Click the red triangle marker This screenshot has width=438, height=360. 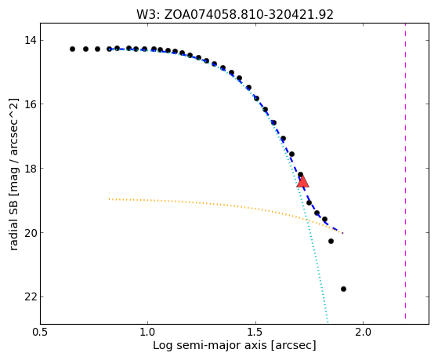[x=302, y=181]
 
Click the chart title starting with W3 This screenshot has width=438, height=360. [x=235, y=15]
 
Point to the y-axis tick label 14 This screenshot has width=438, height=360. [x=31, y=41]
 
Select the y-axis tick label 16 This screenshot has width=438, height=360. [x=31, y=104]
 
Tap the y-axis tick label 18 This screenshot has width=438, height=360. [x=31, y=169]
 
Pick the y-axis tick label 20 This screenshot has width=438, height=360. [x=31, y=233]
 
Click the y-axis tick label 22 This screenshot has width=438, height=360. [x=31, y=296]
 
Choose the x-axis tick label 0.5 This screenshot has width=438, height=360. [x=40, y=333]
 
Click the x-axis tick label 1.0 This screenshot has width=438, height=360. [x=147, y=333]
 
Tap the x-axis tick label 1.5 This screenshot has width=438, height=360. [x=255, y=333]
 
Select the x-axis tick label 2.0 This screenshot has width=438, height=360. [x=363, y=333]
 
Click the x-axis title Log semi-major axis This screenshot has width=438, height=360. [x=210, y=346]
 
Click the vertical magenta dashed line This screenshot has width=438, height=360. [x=405, y=171]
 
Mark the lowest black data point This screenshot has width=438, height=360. [x=344, y=289]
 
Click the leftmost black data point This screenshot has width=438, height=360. [x=72, y=49]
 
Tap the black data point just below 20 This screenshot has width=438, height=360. [x=331, y=241]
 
